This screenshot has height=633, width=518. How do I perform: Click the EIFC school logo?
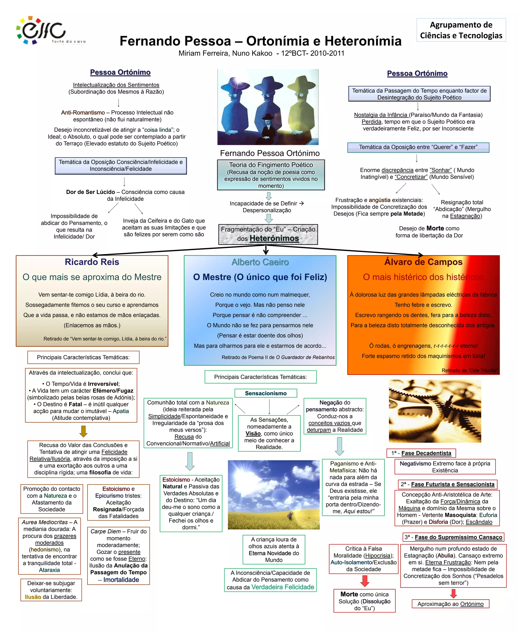[42, 30]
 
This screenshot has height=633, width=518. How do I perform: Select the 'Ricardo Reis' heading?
[92, 262]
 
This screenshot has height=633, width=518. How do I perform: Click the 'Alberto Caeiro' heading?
[260, 262]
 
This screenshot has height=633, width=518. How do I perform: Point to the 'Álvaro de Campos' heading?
[423, 262]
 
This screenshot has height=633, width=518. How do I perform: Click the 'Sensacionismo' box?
[266, 393]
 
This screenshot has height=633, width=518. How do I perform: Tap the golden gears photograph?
[435, 411]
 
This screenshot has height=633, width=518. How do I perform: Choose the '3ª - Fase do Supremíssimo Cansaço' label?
[453, 537]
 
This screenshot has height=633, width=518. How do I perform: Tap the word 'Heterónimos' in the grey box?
[274, 238]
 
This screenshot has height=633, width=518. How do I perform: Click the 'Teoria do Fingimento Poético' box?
[271, 175]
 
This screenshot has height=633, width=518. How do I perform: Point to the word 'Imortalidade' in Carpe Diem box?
[121, 580]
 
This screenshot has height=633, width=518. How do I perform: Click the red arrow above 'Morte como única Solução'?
[365, 580]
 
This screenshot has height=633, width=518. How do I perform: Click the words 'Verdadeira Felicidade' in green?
[283, 587]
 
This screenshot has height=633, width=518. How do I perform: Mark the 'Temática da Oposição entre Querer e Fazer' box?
[418, 147]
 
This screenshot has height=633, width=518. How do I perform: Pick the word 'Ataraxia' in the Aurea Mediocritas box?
[49, 570]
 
